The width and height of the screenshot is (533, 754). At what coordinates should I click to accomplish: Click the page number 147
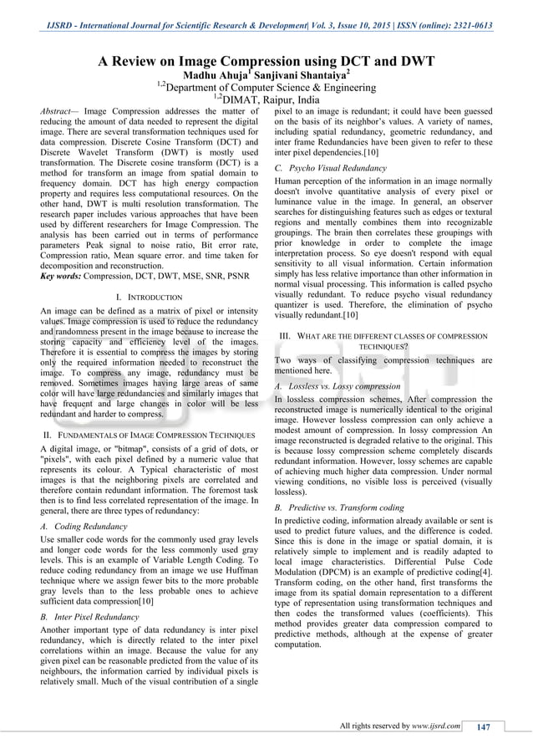483,726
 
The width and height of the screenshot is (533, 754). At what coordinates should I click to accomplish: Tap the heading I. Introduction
149,297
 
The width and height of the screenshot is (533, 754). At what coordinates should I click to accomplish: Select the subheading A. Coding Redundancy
84,527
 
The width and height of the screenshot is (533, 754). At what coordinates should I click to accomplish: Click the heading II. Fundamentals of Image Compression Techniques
149,436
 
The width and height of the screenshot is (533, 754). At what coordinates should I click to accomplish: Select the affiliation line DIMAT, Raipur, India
267,100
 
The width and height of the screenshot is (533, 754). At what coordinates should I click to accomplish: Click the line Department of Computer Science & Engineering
267,86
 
